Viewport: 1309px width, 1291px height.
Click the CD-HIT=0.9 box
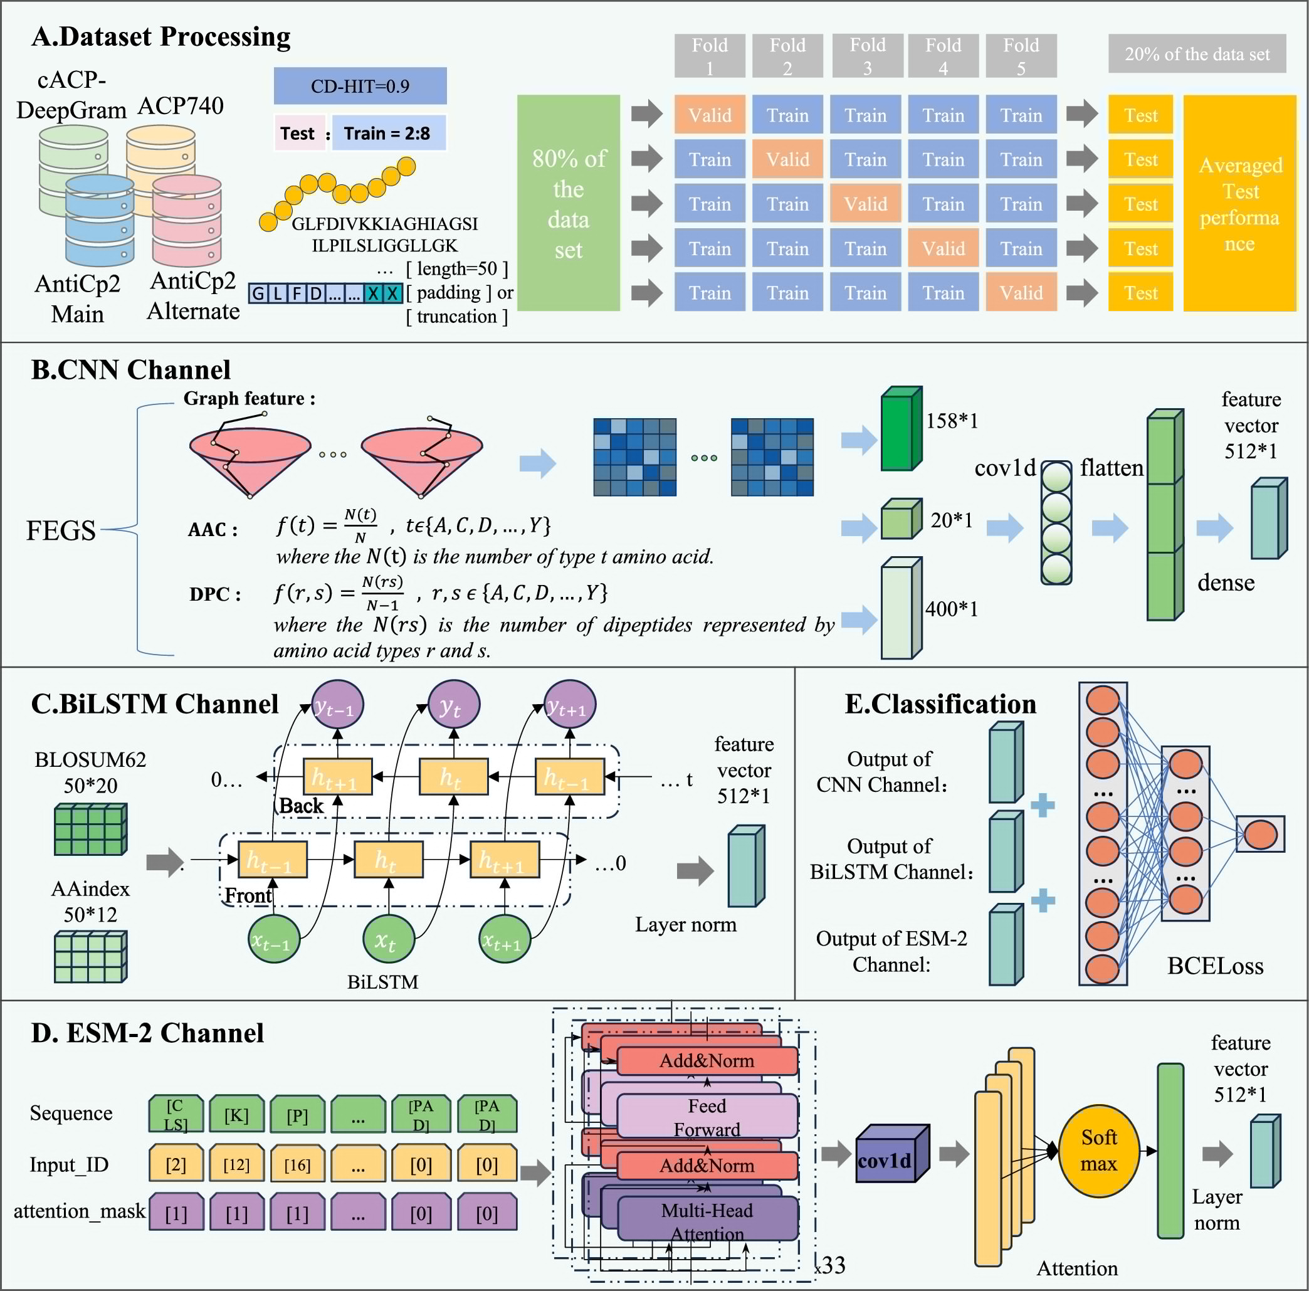tap(360, 86)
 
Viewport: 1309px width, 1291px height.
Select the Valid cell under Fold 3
tap(865, 204)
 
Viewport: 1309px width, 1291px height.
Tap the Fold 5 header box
tap(1021, 56)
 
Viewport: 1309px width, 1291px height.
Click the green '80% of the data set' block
tap(568, 203)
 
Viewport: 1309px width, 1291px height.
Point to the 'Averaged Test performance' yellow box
tap(1239, 203)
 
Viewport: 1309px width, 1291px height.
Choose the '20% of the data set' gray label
tap(1197, 54)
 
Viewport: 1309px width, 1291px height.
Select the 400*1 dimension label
tap(951, 609)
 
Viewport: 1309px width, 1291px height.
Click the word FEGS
tap(61, 530)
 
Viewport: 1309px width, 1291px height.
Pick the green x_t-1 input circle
tap(273, 939)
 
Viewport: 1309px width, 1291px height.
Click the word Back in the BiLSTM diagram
tap(301, 806)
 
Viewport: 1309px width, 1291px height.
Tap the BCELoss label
tap(1215, 966)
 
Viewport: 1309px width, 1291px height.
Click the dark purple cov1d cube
tap(890, 1155)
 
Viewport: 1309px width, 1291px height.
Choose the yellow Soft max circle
tap(1098, 1151)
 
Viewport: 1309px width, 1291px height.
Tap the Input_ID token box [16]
tap(297, 1164)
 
